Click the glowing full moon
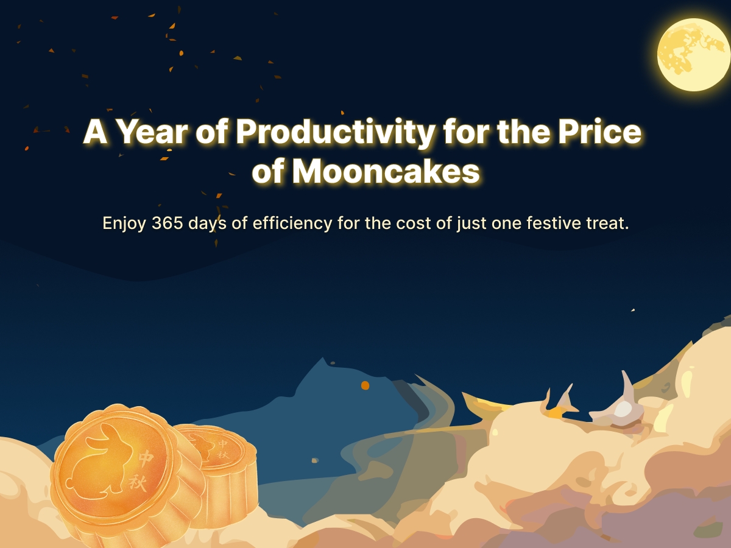coord(694,55)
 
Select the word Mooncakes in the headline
coord(386,172)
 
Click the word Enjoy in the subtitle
coord(124,223)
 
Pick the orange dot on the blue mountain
coord(365,385)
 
